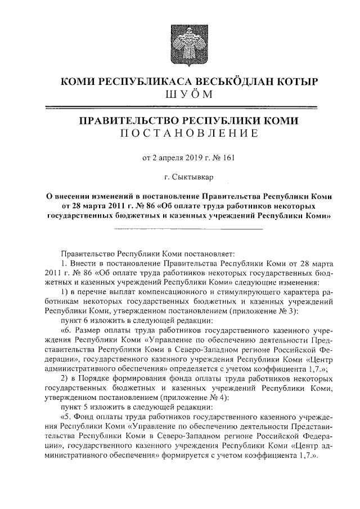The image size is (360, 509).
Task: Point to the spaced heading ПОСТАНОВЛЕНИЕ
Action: tap(188, 134)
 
